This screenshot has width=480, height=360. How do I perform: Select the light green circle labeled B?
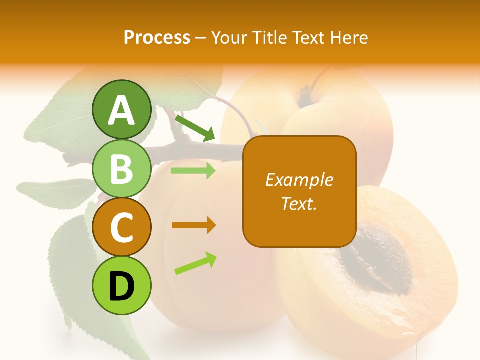click(x=122, y=168)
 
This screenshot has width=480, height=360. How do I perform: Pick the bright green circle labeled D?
click(x=122, y=285)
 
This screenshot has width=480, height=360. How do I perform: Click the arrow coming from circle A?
click(x=195, y=128)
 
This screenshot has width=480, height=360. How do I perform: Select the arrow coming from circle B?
click(x=193, y=171)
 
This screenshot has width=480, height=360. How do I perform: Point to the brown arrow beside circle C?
click(x=193, y=225)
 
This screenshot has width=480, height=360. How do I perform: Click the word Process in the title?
click(x=157, y=38)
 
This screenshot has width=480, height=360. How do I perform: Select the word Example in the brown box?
click(x=299, y=180)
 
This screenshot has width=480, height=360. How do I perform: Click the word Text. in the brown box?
click(x=299, y=204)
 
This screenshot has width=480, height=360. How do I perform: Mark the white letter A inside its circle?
click(x=122, y=110)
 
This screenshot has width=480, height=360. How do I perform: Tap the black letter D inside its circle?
click(x=122, y=286)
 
